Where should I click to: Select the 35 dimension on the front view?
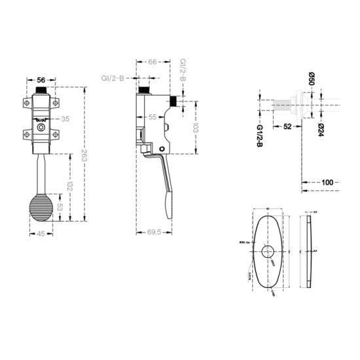click(x=65, y=120)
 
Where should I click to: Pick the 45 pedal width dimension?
click(x=41, y=238)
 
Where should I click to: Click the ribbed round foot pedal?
click(x=41, y=211)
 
